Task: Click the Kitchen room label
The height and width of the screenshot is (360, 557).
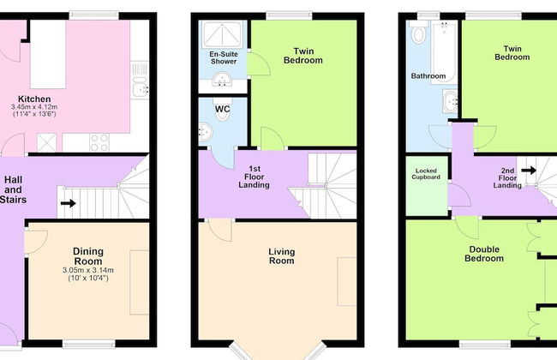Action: (x=34, y=99)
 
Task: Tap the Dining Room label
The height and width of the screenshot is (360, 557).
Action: (x=88, y=256)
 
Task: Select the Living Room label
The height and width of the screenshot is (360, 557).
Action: (x=281, y=256)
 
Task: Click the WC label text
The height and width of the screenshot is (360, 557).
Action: (x=223, y=109)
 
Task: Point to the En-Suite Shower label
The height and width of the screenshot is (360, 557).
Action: (x=224, y=57)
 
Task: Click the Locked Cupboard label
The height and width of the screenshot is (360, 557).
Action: (x=426, y=174)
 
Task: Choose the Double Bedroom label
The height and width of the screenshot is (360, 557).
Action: (x=484, y=254)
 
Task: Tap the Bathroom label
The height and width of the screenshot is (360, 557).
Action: (x=428, y=76)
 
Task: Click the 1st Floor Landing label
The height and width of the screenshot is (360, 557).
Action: (x=254, y=177)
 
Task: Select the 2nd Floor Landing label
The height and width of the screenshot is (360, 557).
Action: (x=507, y=177)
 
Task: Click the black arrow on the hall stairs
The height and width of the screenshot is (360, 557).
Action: (x=69, y=203)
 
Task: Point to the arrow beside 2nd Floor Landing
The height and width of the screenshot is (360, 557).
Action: (x=529, y=171)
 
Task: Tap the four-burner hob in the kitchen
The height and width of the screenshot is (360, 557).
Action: (x=99, y=142)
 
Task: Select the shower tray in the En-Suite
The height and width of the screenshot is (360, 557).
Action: (x=223, y=34)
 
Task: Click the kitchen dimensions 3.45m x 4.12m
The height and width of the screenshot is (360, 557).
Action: (x=34, y=106)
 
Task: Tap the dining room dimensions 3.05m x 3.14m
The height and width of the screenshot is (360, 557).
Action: (x=88, y=270)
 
